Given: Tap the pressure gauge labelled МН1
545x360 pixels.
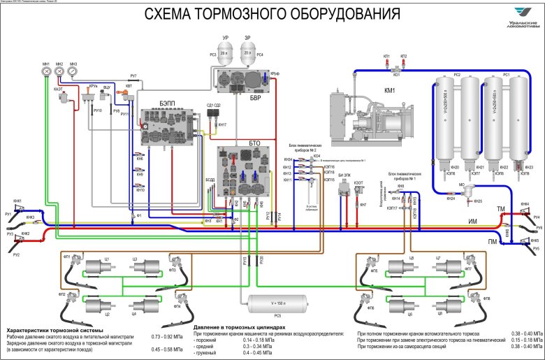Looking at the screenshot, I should coord(45,71).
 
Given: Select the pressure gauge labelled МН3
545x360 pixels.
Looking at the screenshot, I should coord(73,71).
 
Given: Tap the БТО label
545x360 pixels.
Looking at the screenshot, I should coord(254,142).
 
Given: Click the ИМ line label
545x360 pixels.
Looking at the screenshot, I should coord(472,222).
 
